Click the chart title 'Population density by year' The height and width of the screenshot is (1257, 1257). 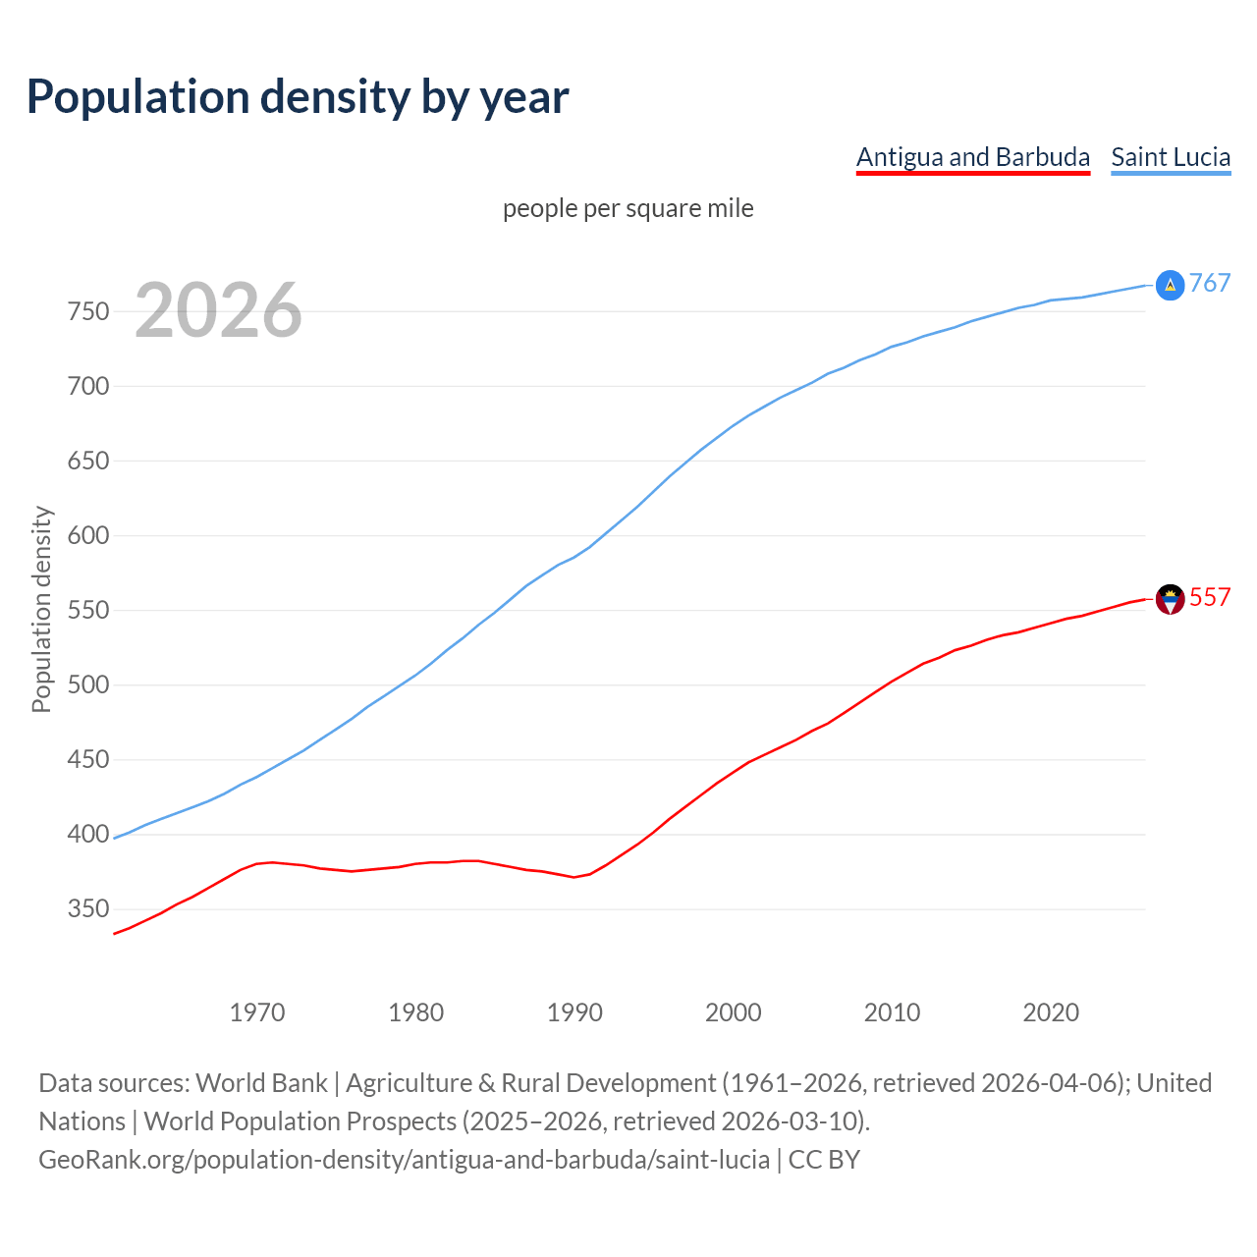click(298, 97)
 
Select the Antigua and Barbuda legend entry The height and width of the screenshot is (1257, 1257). click(972, 157)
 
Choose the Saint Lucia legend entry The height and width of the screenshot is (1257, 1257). click(1171, 157)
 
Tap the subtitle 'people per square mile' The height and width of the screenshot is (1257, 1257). click(628, 208)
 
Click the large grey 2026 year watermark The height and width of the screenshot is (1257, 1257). click(218, 310)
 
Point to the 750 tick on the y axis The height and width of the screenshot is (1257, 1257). click(87, 311)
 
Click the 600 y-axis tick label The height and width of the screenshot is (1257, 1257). click(87, 535)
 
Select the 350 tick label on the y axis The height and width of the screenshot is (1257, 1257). click(87, 909)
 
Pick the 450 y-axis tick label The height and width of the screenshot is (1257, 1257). click(87, 759)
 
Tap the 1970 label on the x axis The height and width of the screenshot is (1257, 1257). click(257, 1012)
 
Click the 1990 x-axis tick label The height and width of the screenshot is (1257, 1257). click(574, 1012)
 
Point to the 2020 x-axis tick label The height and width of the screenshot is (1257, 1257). click(1051, 1012)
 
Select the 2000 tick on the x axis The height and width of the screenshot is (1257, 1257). click(734, 1012)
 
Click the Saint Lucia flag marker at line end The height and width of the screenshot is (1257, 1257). click(1170, 285)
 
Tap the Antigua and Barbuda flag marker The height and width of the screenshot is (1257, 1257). click(1170, 599)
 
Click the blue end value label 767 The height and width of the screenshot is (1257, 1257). click(1210, 284)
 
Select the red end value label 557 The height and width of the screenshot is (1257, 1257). click(1210, 597)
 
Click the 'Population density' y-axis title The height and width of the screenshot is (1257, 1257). click(41, 609)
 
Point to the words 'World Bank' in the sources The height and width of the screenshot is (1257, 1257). click(261, 1082)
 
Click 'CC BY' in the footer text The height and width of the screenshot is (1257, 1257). click(824, 1160)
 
